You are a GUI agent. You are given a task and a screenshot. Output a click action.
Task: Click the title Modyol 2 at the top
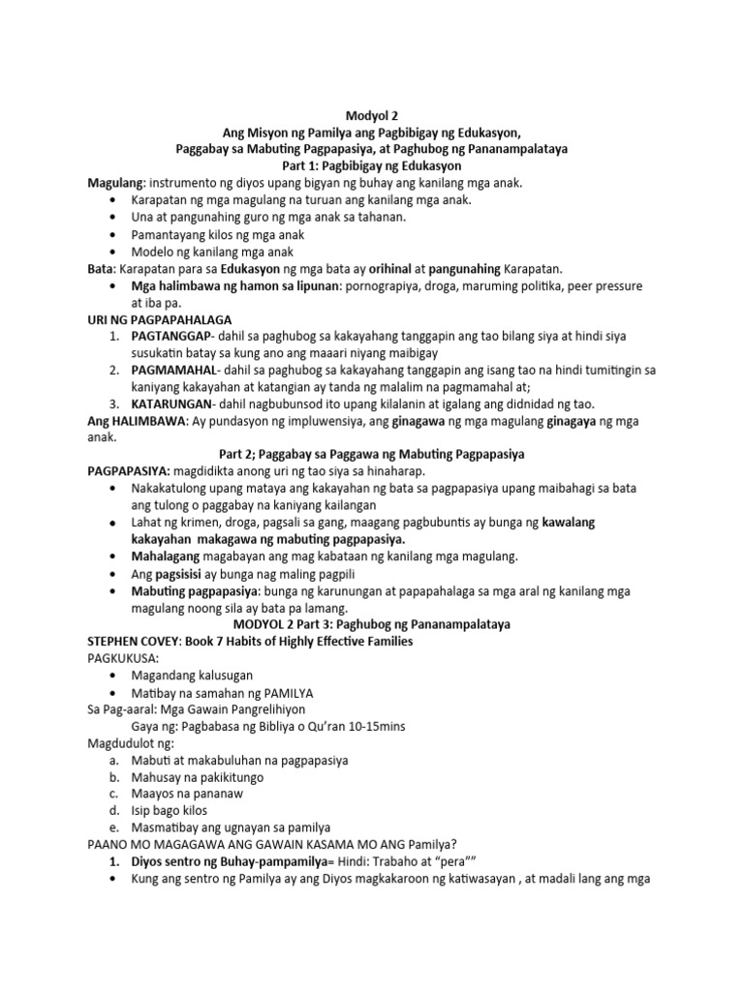pos(371,113)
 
